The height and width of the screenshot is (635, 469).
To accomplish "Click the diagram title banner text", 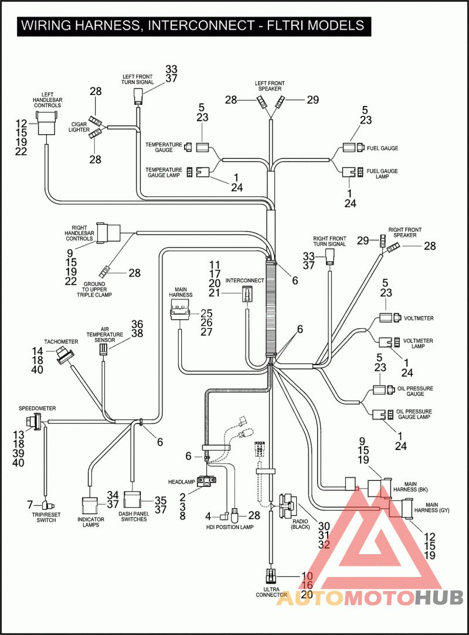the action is (192, 26).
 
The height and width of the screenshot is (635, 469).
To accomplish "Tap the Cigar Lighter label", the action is (79, 127).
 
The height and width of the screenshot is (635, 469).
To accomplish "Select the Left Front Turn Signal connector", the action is (138, 97).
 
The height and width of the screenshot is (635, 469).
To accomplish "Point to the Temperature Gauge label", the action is (164, 148).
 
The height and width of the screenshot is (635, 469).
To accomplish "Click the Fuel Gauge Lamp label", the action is (382, 174).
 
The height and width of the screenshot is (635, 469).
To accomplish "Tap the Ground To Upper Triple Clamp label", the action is (94, 289).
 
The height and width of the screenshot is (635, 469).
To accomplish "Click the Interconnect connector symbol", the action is (246, 293).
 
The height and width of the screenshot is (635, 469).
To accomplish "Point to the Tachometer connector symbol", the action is (64, 355).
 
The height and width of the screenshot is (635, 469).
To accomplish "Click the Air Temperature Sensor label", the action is (104, 334).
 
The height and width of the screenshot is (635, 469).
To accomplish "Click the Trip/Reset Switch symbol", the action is (47, 505).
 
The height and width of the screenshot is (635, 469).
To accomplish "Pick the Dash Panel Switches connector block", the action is (132, 500).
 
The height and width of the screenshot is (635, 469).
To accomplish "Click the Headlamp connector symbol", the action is (207, 481).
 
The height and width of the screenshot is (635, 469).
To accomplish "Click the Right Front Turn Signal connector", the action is (331, 257).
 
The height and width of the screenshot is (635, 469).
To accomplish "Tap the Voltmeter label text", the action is (419, 318).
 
